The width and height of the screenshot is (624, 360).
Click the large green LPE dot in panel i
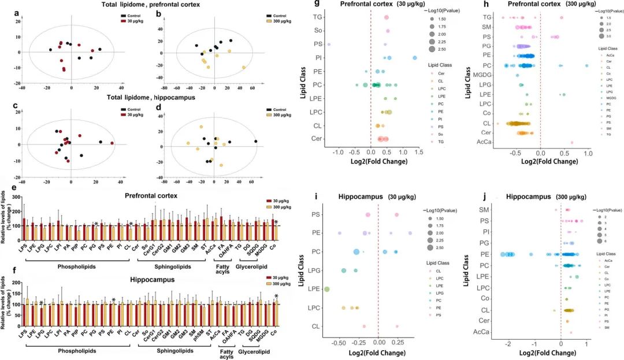click(327, 289)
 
